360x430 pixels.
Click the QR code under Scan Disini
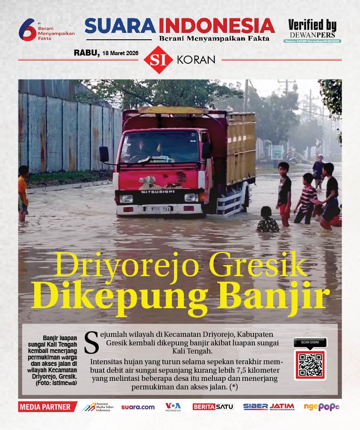310,365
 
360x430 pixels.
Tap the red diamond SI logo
158,60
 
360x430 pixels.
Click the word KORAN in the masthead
196,60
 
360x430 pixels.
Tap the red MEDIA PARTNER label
47,407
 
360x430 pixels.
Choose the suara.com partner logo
138,407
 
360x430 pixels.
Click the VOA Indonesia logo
173,407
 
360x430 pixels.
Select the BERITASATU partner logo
213,407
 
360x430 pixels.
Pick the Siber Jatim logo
269,407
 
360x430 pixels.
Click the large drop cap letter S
91,342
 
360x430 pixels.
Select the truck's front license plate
157,209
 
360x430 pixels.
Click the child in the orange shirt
23,192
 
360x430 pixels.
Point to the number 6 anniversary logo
27,30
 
